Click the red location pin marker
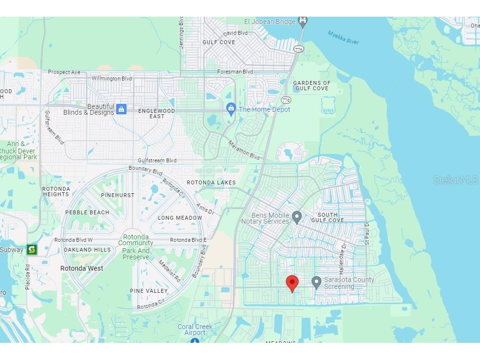(292, 283)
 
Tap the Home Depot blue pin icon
(231, 108)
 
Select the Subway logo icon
(32, 250)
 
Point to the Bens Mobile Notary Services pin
(296, 217)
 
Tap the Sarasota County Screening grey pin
(316, 282)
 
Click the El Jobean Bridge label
(270, 22)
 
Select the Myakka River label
(343, 37)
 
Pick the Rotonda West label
(81, 268)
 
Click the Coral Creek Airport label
(195, 330)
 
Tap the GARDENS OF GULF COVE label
(312, 86)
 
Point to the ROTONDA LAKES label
(211, 182)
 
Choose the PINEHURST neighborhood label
(118, 195)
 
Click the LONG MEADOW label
(180, 218)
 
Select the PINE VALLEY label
(149, 291)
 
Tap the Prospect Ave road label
(64, 72)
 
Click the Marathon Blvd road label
(244, 150)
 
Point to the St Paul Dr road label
(366, 233)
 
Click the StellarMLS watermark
(455, 180)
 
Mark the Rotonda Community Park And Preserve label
(136, 247)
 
